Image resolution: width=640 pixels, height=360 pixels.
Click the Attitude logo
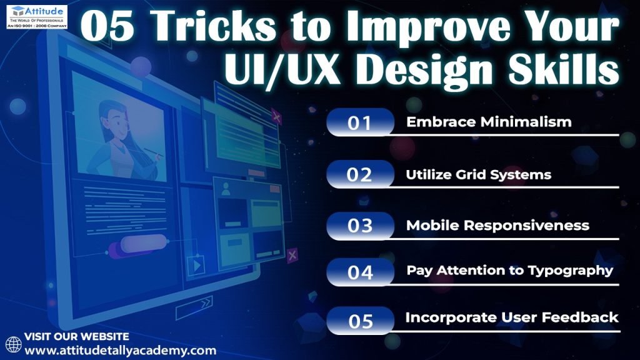[x=37, y=16]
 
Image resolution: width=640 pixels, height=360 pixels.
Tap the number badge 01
[x=360, y=122]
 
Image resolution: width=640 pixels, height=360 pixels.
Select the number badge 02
[x=360, y=174]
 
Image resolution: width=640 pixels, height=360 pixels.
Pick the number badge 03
[x=360, y=225]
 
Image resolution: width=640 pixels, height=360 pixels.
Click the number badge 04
[x=360, y=272]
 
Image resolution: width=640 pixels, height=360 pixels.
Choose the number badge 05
[x=360, y=321]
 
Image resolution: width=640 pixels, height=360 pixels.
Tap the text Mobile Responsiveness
[x=497, y=225]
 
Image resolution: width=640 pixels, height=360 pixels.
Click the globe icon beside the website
[x=14, y=344]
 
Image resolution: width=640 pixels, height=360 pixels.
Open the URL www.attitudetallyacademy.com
[x=121, y=351]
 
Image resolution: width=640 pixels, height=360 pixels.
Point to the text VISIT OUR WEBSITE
[x=77, y=337]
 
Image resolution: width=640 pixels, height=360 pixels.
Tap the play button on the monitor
[x=196, y=266]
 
